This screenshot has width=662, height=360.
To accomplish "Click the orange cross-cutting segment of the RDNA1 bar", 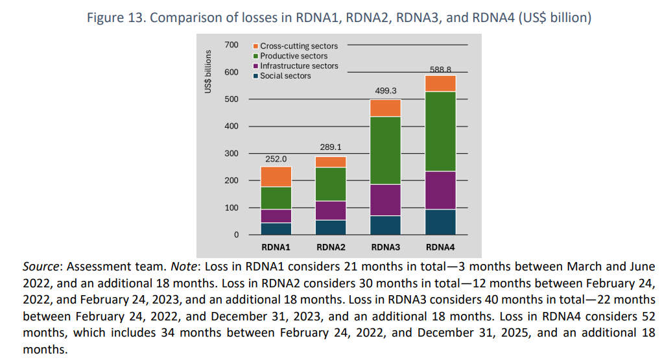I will (276, 176).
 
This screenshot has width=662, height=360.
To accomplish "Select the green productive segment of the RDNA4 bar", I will (440, 131).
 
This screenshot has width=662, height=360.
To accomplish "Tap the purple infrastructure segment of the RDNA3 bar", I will (385, 200).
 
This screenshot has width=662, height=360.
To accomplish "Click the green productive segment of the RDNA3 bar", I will (385, 150).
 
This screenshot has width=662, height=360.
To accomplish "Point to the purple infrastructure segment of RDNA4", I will (440, 190).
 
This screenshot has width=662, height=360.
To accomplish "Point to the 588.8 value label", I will (440, 69).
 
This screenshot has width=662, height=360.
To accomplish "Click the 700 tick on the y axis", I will (231, 45).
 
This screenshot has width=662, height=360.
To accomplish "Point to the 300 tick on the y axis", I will (231, 153).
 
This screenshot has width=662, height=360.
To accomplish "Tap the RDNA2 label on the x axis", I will (331, 247).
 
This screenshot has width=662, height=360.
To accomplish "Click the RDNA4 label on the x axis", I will (440, 247).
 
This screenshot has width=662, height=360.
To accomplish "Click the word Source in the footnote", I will (41, 267).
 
